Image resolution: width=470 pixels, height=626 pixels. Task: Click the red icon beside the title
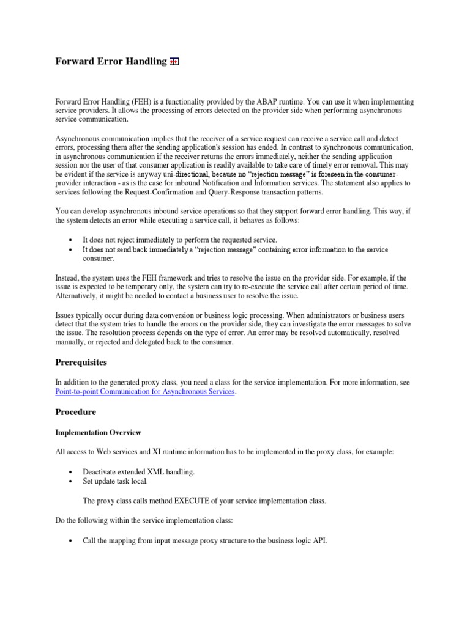pos(174,62)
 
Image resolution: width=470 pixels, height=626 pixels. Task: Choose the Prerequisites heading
pos(81,363)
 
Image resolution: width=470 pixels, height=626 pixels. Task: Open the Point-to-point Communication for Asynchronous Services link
pos(144,392)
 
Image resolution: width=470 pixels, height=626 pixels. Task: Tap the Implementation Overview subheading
pos(98,433)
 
